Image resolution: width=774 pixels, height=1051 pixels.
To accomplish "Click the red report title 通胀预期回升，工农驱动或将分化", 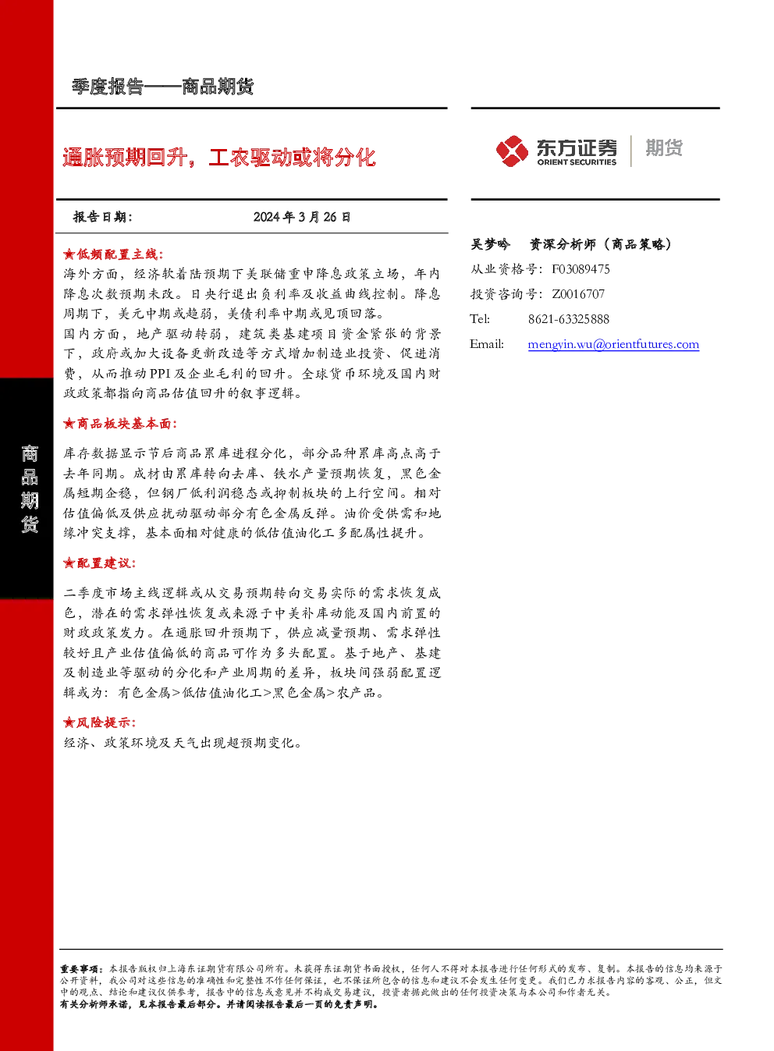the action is pos(219,157).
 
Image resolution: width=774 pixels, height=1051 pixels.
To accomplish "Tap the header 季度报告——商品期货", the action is pos(163,87).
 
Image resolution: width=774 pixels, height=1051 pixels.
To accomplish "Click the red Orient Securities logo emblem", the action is pos(512,151).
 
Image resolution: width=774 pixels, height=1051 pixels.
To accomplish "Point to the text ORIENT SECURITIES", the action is pos(577,162).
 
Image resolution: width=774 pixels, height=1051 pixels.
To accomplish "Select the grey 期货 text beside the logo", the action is pos(664,147).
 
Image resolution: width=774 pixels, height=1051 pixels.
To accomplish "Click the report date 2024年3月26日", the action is pos(302,217).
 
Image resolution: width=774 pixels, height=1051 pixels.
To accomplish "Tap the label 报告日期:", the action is pos(103,217).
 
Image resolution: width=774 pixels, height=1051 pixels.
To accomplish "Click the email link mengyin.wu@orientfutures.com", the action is pos(613,344).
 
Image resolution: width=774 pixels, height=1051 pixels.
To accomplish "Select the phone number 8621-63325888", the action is pos(569,319).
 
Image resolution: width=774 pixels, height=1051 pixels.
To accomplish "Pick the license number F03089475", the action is pos(580,269).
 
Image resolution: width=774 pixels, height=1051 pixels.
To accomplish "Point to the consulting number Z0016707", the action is pos(578,293).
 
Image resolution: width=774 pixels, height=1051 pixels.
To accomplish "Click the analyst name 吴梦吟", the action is pos(490,244).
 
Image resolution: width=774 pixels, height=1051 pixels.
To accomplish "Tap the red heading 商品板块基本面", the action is pos(124,424).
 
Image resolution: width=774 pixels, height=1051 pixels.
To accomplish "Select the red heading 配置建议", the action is pos(104,563).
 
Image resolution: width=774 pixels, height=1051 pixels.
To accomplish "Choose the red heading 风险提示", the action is pos(104,723).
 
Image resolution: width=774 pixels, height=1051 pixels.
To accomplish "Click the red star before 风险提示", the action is pos(69,723).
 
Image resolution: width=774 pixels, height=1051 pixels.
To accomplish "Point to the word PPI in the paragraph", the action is pos(160,374).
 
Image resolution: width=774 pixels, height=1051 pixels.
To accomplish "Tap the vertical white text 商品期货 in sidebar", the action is pos(30,489).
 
